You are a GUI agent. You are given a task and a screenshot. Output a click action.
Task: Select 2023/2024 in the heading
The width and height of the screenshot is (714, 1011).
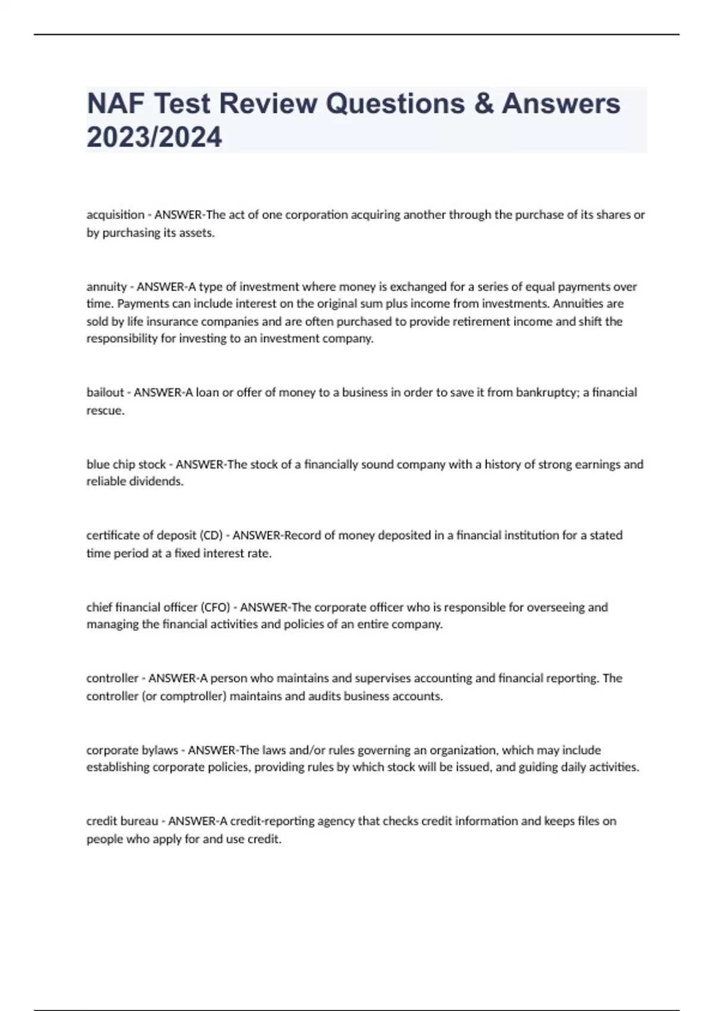click(x=154, y=137)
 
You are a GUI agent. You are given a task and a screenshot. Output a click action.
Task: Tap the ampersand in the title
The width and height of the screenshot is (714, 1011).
click(x=483, y=103)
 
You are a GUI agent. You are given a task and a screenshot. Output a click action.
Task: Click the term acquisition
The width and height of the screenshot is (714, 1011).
click(x=115, y=215)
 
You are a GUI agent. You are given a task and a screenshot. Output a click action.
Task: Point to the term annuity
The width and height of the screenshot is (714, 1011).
click(x=107, y=287)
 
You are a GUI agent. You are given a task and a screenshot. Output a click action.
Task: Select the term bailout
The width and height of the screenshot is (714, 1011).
click(x=105, y=393)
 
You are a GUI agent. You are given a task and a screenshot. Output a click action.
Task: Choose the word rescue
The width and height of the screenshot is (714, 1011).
click(x=105, y=410)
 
